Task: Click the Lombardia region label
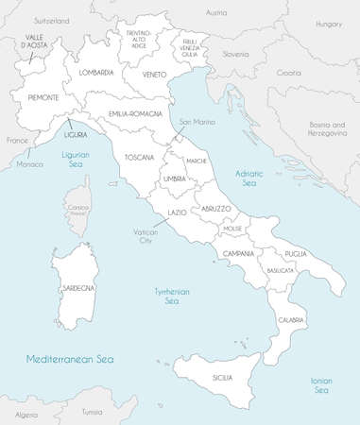[96, 72]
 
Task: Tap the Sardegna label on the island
[77, 287]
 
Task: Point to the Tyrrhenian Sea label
[172, 297]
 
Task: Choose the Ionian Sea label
[320, 384]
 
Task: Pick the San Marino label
[198, 121]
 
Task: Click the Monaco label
[30, 164]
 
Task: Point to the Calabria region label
[291, 321]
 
